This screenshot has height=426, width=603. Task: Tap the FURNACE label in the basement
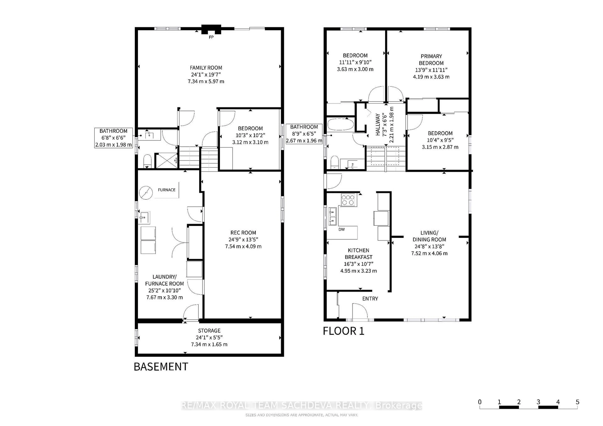point(166,190)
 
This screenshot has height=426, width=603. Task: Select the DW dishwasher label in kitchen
point(341,229)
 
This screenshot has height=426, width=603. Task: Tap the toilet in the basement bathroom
point(147,161)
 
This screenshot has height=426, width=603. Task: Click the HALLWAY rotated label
point(378,124)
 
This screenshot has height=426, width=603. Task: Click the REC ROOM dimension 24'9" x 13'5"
point(243,239)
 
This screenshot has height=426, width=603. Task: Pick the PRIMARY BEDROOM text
point(431,60)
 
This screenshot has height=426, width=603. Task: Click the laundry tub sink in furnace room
point(144,217)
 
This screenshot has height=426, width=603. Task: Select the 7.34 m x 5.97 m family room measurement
point(206,81)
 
